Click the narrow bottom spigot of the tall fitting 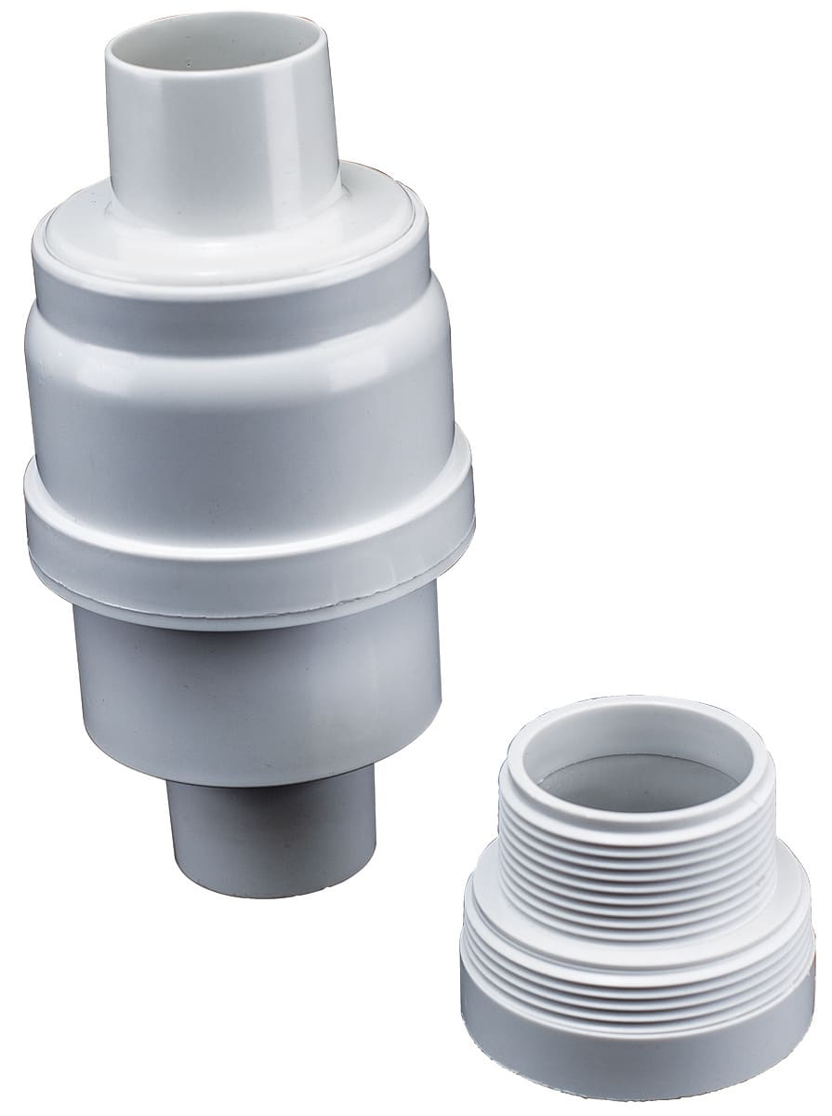[x=270, y=842]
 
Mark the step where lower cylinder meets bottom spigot [x=270, y=784]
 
